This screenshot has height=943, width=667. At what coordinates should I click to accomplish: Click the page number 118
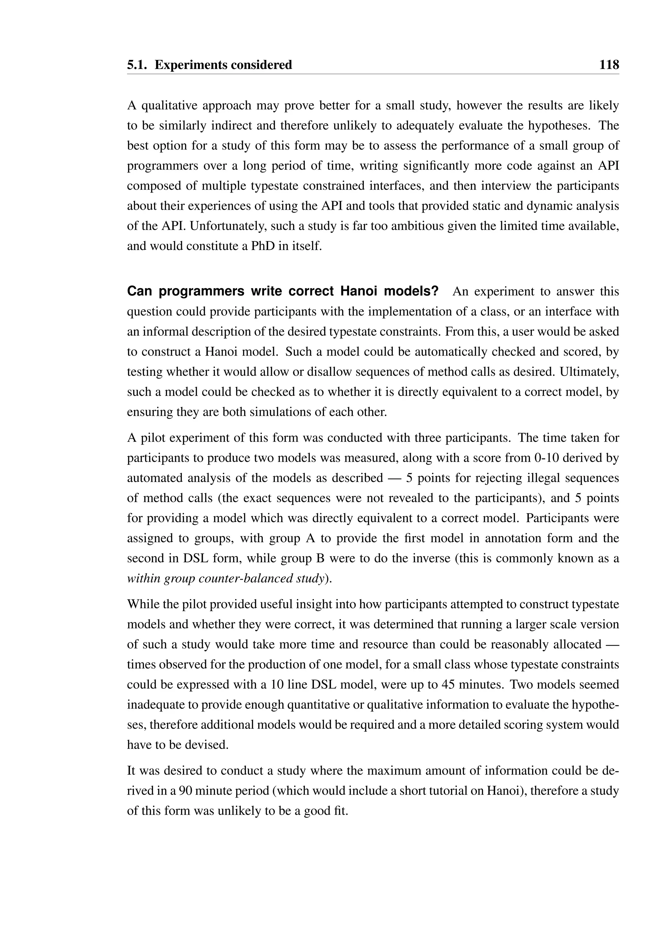[609, 65]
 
